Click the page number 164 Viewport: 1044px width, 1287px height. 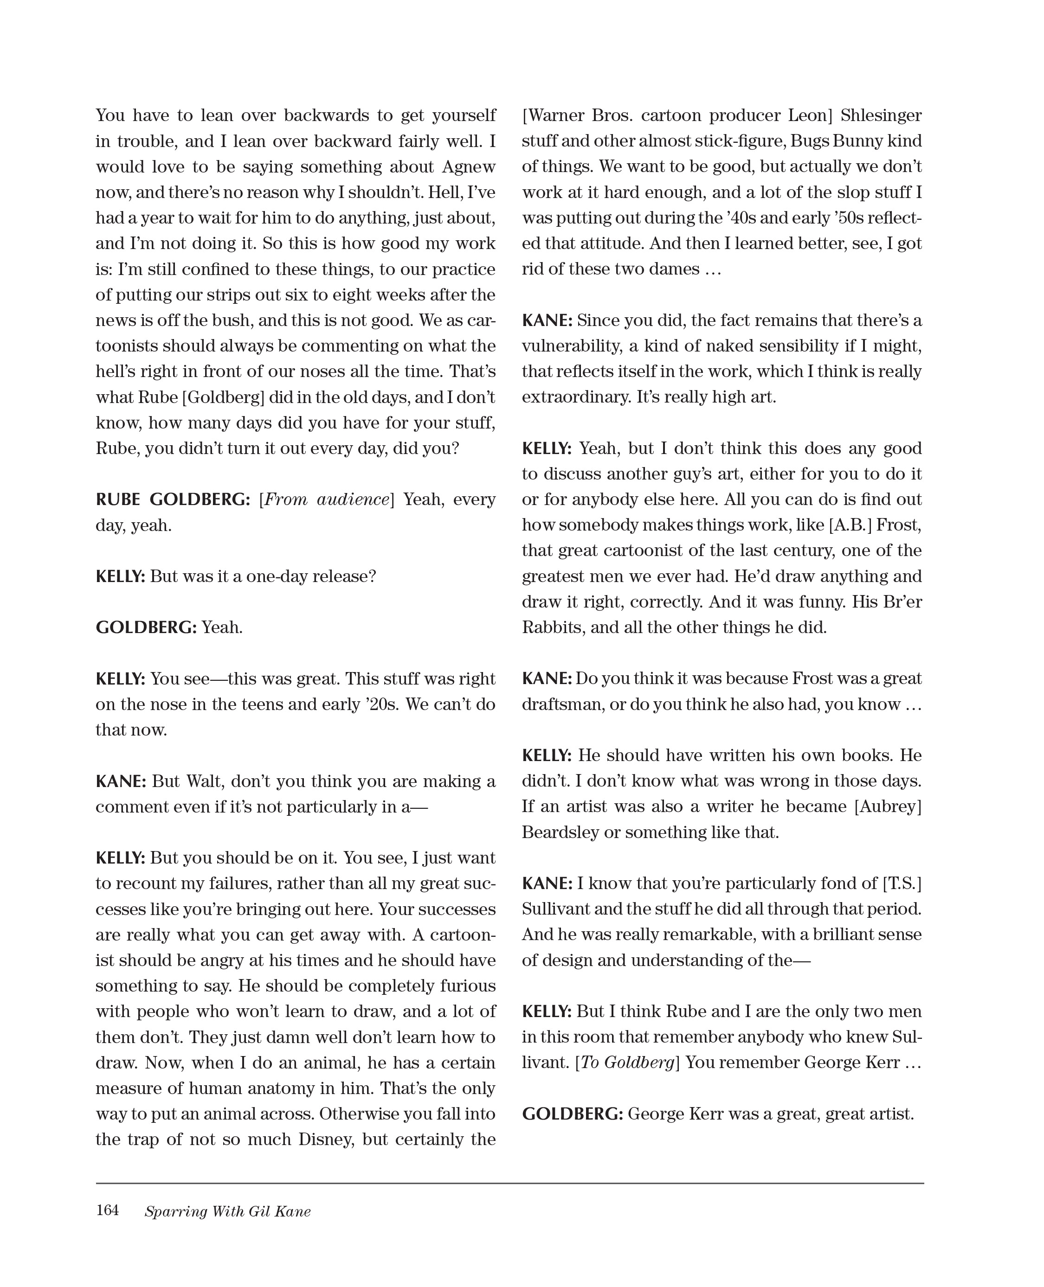(x=107, y=1210)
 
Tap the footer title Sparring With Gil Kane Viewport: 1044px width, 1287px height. (x=227, y=1211)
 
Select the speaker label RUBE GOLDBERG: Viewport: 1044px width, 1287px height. (x=173, y=499)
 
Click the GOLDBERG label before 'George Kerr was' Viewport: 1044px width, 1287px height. (x=572, y=1114)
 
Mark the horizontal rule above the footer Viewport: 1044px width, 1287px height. (x=509, y=1183)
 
